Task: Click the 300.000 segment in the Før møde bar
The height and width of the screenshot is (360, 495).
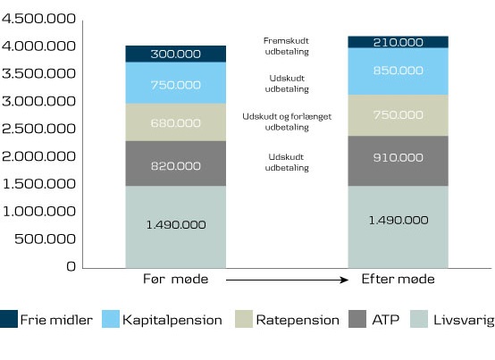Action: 175,54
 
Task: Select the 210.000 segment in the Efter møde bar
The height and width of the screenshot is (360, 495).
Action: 398,42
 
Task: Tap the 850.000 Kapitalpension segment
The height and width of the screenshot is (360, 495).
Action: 398,71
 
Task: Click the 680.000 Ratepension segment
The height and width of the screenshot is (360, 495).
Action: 175,122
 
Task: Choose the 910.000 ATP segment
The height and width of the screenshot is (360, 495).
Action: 398,158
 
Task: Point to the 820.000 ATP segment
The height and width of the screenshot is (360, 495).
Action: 175,165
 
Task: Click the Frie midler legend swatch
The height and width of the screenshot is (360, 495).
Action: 10,319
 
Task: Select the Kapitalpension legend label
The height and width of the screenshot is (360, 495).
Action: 172,319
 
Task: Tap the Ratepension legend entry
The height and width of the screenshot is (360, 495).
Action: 298,319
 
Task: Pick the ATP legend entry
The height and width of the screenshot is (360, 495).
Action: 382,319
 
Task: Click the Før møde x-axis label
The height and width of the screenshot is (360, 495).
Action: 175,280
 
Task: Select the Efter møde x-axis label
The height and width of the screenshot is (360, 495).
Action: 398,280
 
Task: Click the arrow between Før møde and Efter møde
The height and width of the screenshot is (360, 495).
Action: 286,280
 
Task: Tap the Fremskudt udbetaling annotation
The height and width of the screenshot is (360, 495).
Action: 286,46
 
